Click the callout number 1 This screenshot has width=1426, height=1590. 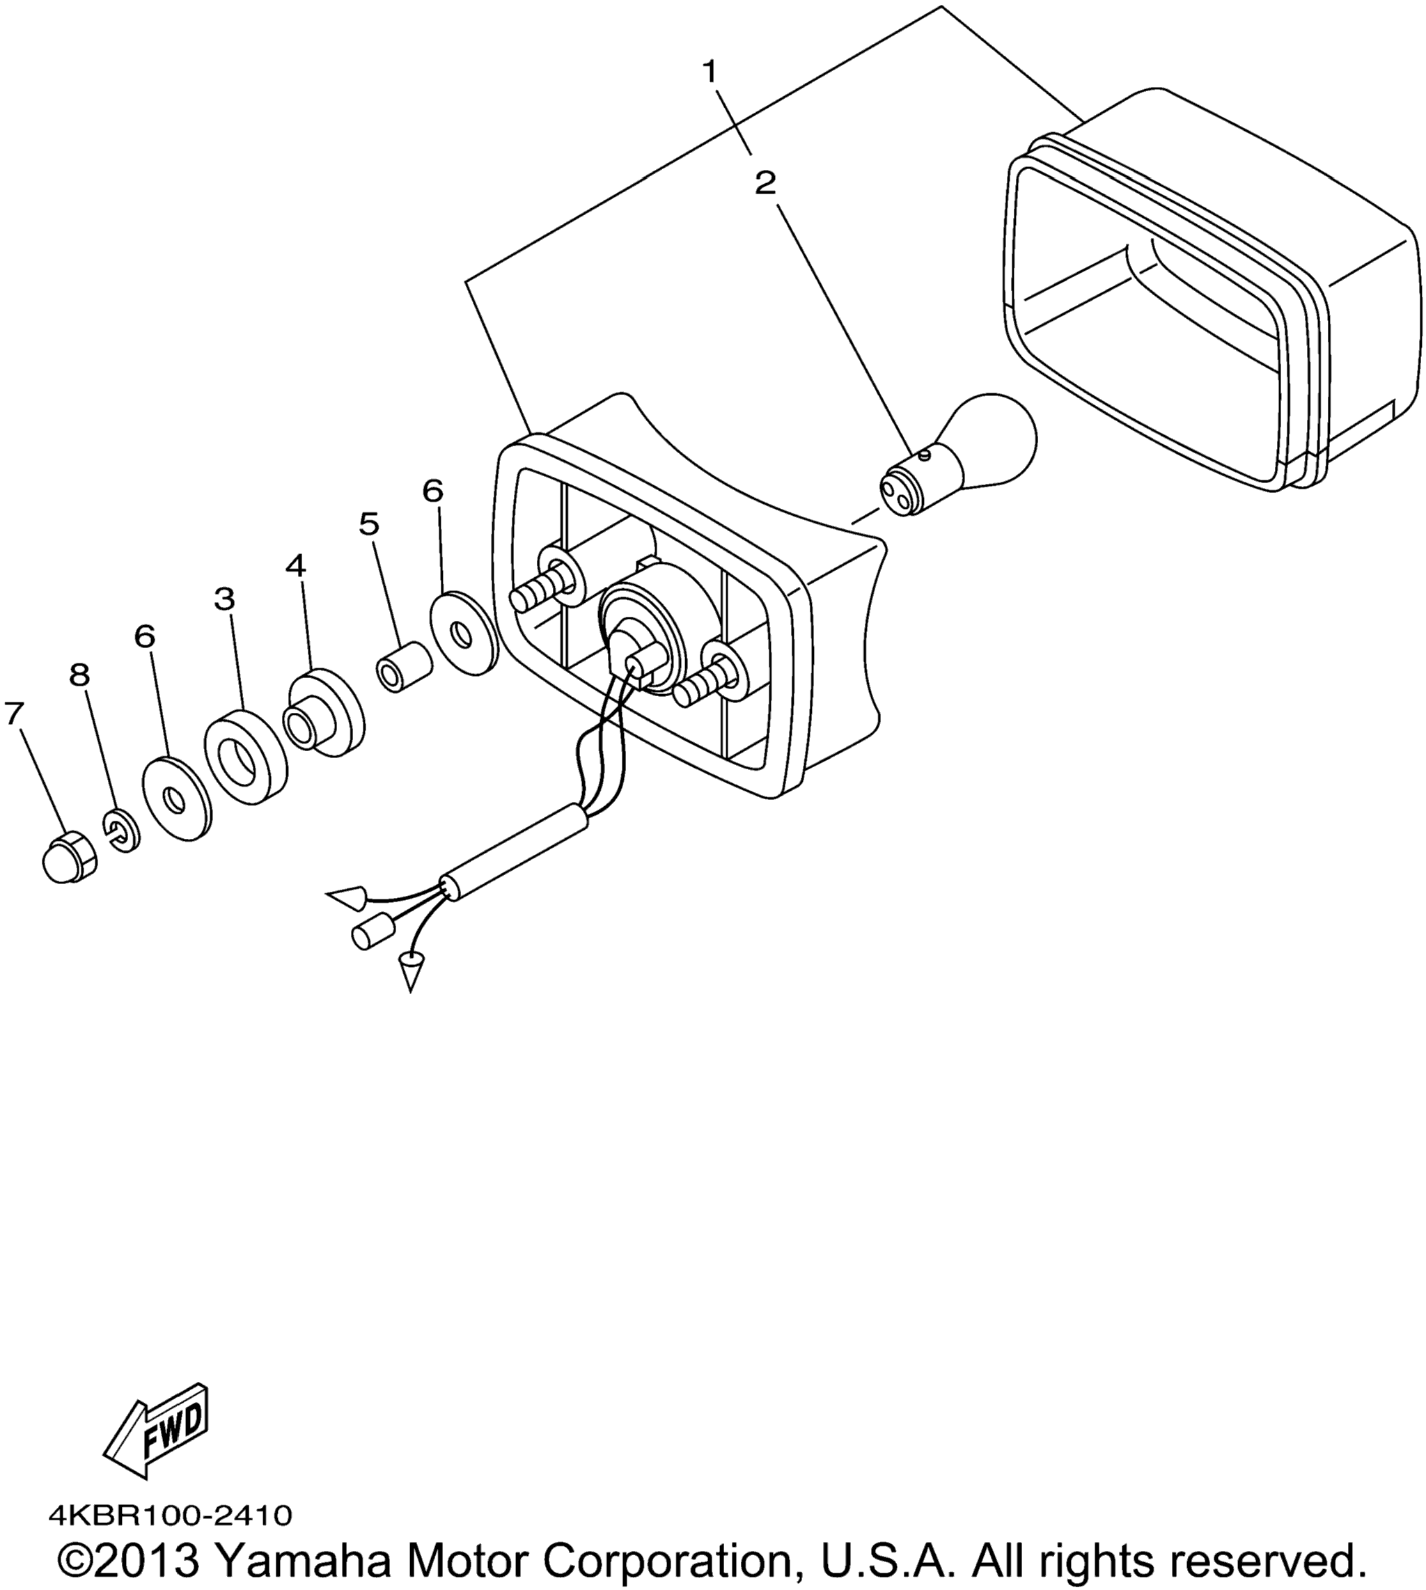(710, 73)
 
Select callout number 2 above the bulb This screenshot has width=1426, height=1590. (765, 184)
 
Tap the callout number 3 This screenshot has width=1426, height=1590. (224, 600)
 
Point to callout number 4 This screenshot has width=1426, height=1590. (295, 565)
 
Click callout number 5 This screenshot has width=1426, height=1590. (369, 524)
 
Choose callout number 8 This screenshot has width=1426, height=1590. (80, 675)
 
